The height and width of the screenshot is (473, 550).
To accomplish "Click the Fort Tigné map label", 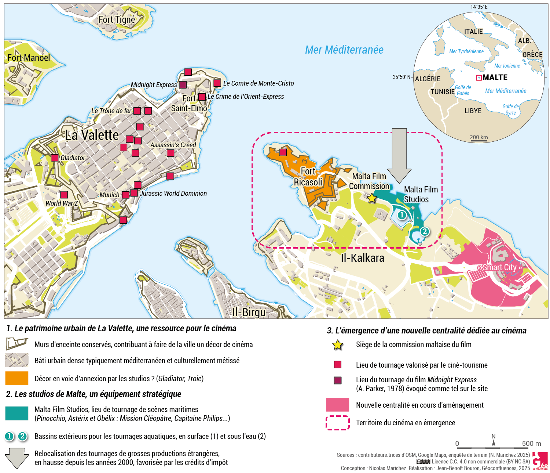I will point(117,20).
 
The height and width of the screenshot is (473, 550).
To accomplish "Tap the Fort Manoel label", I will point(29,58).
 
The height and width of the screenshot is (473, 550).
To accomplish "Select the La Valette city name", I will point(92,135).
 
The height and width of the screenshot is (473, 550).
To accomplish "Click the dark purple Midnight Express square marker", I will point(183,85).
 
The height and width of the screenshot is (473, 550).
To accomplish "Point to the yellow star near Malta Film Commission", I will point(372,199).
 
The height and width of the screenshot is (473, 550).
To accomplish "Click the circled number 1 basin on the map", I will point(402,215).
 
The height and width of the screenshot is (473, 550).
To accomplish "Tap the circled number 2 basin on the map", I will point(425,231).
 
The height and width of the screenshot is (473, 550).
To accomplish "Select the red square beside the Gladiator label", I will point(55,158).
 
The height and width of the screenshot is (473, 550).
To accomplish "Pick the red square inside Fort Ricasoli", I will point(283,152).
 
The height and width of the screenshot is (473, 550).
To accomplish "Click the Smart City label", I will point(499,267).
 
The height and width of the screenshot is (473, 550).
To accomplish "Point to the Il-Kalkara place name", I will point(362,258).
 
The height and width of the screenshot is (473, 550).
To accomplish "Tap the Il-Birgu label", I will point(249,313).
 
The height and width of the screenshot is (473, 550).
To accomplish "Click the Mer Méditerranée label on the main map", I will point(344,50).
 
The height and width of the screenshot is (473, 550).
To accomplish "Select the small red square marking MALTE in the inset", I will point(478,77).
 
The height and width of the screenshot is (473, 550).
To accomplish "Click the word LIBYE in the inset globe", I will point(473,111).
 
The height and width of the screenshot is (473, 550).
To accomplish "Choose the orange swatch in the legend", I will point(17,378).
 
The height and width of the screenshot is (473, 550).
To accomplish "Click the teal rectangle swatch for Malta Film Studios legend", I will point(17,413).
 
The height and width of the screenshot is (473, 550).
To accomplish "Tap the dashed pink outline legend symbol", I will point(337,423).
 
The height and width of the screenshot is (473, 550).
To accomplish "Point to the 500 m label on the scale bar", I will point(531,444).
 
